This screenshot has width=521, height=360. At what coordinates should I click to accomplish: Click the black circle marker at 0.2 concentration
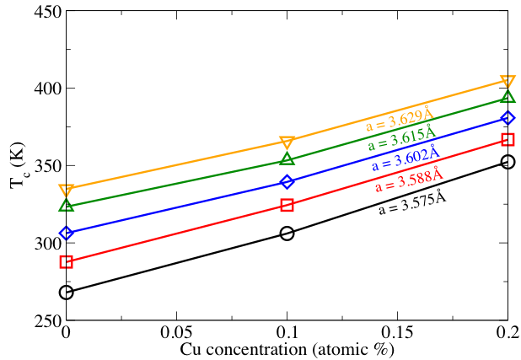click(508, 162)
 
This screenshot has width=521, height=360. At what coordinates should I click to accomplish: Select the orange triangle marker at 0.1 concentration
click(287, 142)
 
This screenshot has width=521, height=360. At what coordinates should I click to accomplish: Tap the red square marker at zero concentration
click(67, 262)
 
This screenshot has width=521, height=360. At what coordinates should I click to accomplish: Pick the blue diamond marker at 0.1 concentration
click(287, 182)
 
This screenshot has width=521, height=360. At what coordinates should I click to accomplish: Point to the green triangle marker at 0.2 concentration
click(508, 98)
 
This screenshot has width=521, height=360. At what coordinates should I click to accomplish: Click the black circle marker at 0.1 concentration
click(287, 234)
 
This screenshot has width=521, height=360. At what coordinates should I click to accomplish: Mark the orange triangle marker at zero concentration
click(67, 190)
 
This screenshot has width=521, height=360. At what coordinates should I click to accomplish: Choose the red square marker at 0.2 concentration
click(508, 140)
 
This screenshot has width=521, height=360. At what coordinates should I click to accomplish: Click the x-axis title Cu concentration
click(287, 348)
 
